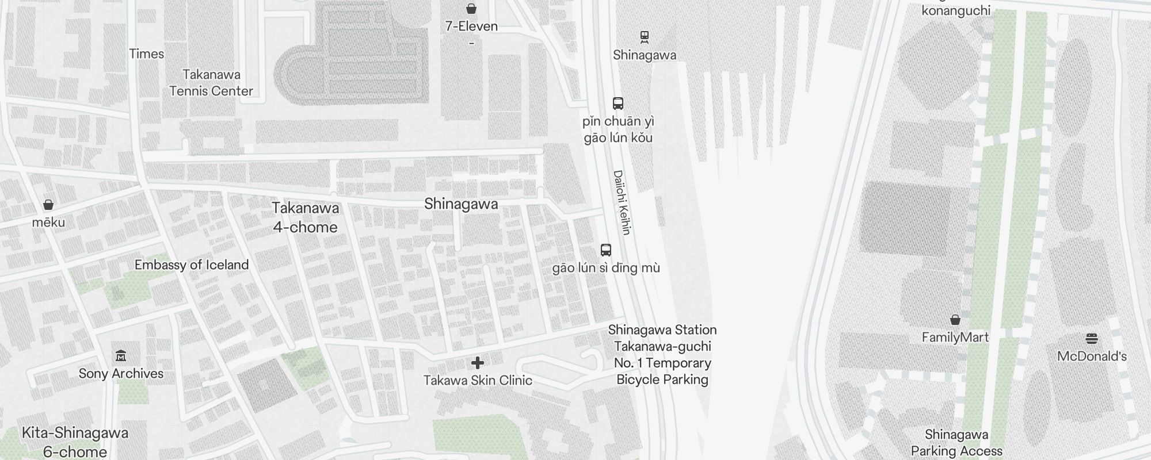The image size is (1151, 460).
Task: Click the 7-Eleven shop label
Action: pyautogui.click(x=471, y=26)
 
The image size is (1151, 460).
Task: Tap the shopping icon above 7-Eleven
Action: pyautogui.click(x=471, y=9)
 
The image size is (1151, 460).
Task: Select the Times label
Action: pyautogui.click(x=147, y=54)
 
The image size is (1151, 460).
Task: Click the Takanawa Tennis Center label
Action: pyautogui.click(x=211, y=83)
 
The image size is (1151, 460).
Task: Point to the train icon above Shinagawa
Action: pyautogui.click(x=645, y=37)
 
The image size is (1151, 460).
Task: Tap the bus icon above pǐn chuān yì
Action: pyautogui.click(x=618, y=103)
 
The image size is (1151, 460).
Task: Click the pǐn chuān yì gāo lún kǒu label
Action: pyautogui.click(x=618, y=129)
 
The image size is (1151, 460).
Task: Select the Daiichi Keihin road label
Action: pyautogui.click(x=622, y=202)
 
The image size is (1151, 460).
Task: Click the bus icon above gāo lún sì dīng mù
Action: pyautogui.click(x=606, y=250)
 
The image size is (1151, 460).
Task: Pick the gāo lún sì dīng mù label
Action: pyautogui.click(x=606, y=268)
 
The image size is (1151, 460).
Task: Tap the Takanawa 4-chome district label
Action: pyautogui.click(x=305, y=217)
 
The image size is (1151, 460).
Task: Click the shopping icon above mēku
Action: pyautogui.click(x=48, y=205)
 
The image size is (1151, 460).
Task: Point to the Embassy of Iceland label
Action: pyautogui.click(x=192, y=265)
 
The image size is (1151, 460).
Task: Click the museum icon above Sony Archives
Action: pyautogui.click(x=121, y=356)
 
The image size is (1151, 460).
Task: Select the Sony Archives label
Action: pyautogui.click(x=121, y=374)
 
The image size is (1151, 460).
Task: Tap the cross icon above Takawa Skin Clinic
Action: pyautogui.click(x=478, y=363)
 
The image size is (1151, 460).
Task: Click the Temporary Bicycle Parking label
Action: pyautogui.click(x=662, y=355)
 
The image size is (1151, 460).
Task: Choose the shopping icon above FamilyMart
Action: pyautogui.click(x=955, y=320)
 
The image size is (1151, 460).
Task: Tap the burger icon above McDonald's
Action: pyautogui.click(x=1092, y=338)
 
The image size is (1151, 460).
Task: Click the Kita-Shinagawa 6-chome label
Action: pyautogui.click(x=75, y=442)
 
